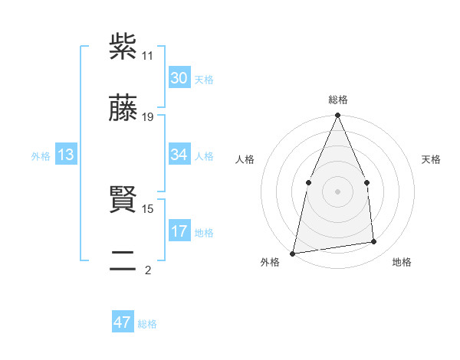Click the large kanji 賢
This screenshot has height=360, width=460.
point(123,200)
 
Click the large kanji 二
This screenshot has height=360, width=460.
point(123,261)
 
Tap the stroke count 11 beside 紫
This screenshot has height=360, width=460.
point(147,56)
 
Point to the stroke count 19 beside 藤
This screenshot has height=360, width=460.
point(148,117)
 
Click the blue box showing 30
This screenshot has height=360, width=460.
point(179,78)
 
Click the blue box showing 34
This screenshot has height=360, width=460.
point(179,155)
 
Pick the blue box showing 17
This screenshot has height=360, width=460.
point(179,231)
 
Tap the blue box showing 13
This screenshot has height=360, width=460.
point(66,155)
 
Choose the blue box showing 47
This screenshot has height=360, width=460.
point(123,322)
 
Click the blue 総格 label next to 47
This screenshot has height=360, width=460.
point(147,324)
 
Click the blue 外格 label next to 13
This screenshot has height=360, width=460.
point(41,156)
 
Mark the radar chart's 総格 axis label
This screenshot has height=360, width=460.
point(338,100)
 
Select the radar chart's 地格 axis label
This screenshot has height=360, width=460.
point(402,263)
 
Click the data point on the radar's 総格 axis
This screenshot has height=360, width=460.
point(338,116)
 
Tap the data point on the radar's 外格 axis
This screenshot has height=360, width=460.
point(293,253)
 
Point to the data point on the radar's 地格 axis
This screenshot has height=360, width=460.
point(374,241)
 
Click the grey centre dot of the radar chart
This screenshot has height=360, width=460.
point(338,191)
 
